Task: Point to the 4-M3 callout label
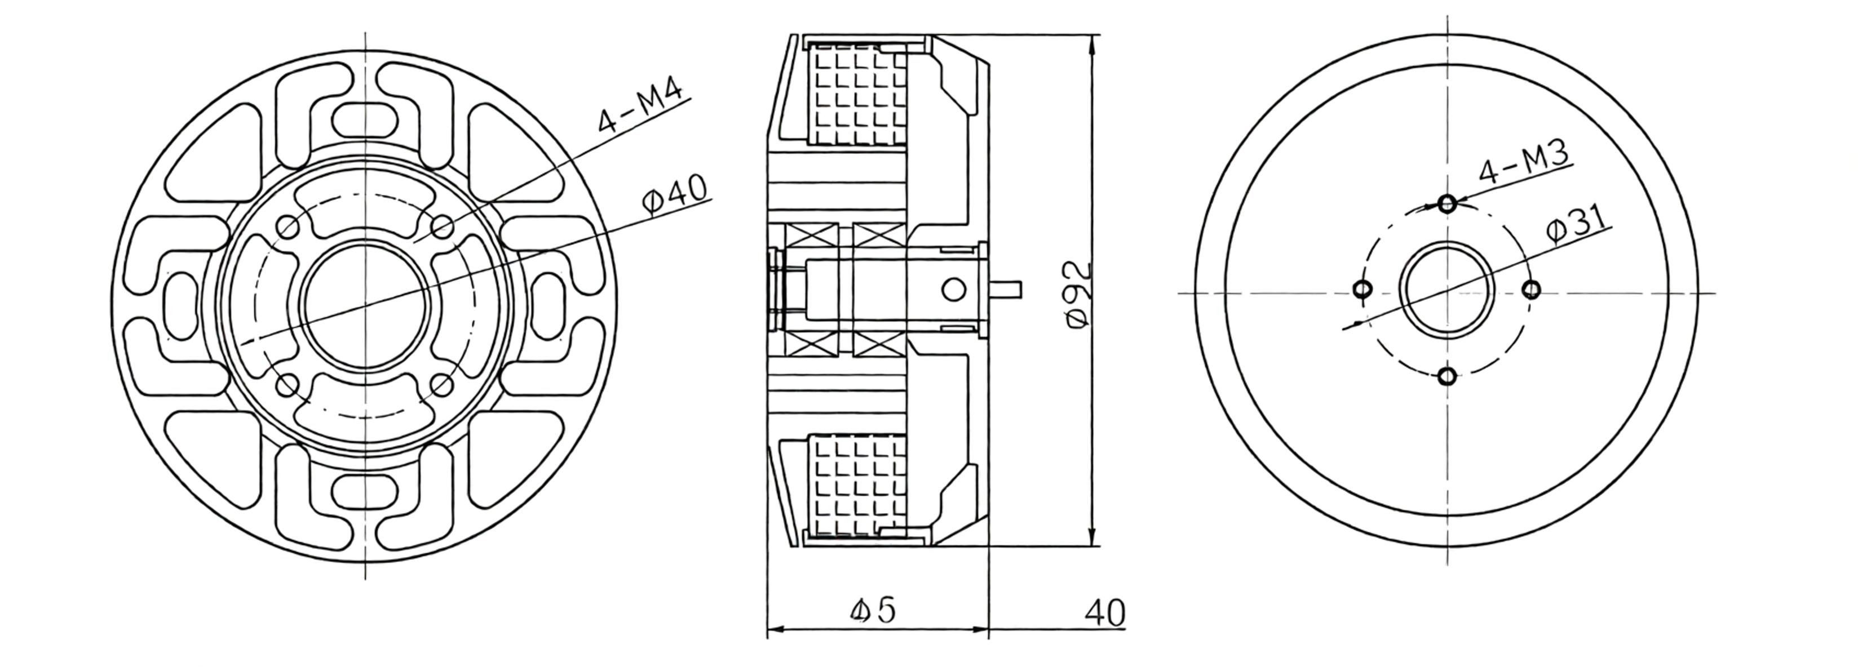click(x=1523, y=162)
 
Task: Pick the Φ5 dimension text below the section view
click(x=872, y=610)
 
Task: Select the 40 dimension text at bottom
click(x=1104, y=612)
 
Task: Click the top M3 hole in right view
click(x=1447, y=204)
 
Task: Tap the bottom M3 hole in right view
click(x=1447, y=376)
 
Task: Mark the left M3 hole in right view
click(x=1362, y=290)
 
